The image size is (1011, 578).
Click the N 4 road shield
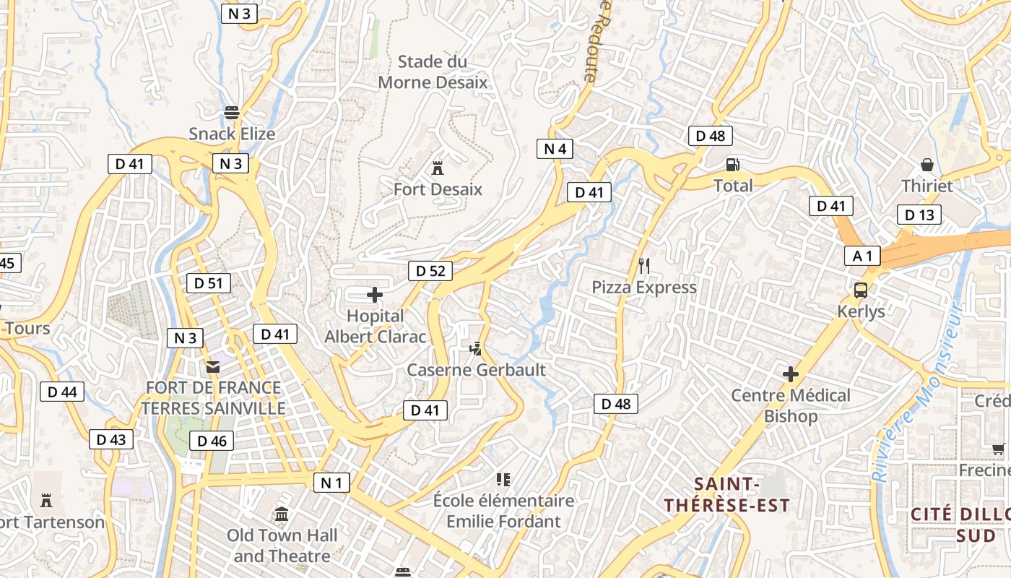(555, 149)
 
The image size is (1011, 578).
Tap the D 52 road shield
(430, 271)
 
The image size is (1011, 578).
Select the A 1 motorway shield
(863, 255)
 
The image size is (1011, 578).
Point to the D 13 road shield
(919, 215)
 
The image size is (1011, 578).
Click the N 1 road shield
(331, 483)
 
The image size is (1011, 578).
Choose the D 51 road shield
(209, 283)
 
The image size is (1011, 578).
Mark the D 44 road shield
(61, 392)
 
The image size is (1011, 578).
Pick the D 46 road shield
(212, 441)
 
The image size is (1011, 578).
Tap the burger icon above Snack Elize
(232, 113)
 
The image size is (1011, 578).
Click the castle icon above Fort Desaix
(437, 168)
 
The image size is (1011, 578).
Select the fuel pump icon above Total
(732, 165)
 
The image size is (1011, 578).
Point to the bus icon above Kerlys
(861, 290)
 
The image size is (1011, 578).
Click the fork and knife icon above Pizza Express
(644, 266)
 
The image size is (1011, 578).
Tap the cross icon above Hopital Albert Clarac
(375, 295)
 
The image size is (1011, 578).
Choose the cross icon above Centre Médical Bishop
(791, 374)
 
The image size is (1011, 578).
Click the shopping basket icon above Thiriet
(927, 165)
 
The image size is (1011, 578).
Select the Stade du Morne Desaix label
(433, 72)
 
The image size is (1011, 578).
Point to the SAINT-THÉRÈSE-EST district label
(727, 494)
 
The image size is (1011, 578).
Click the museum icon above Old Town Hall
(282, 514)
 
